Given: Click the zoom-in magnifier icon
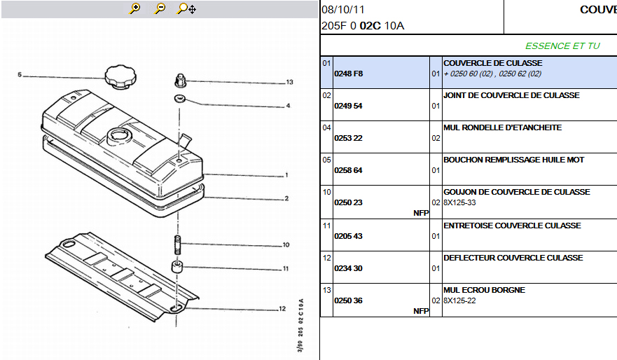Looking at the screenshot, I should coord(135,8).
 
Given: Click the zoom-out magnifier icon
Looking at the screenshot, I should coord(160,8).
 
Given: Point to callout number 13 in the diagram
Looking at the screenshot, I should coord(289,82).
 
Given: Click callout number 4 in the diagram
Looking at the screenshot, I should coord(287,106).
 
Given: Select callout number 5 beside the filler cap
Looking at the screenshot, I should coord(20,75).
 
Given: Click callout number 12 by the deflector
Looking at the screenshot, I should coord(282,308).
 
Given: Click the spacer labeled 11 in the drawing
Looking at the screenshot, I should coord(176,267).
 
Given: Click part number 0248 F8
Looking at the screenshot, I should coord(349,74).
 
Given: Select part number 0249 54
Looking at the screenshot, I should coord(349,106).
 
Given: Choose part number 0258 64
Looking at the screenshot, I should coord(349,170).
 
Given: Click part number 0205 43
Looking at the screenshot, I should coord(349,236).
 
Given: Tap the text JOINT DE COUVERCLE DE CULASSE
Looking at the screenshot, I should coord(511,95).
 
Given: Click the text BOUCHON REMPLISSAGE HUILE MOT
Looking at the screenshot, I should coord(513,160).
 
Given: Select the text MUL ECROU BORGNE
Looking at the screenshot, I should coord(484,290).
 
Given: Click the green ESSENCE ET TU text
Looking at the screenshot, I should coord(562,46).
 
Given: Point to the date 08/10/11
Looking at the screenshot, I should coord(342,10).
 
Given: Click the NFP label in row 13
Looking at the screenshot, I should coord(421,311).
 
